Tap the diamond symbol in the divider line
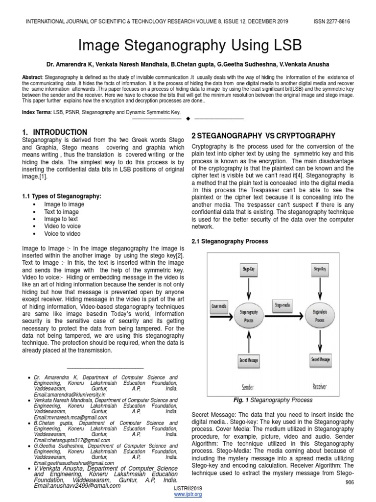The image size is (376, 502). (188, 119)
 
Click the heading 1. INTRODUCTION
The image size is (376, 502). (55, 132)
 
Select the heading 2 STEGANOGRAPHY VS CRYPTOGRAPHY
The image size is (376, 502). (263, 136)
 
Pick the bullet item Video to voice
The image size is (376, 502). (62, 226)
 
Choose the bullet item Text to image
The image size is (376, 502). (61, 212)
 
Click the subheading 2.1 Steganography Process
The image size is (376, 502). (230, 241)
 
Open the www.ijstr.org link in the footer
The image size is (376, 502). (188, 494)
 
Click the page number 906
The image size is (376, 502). (350, 483)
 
